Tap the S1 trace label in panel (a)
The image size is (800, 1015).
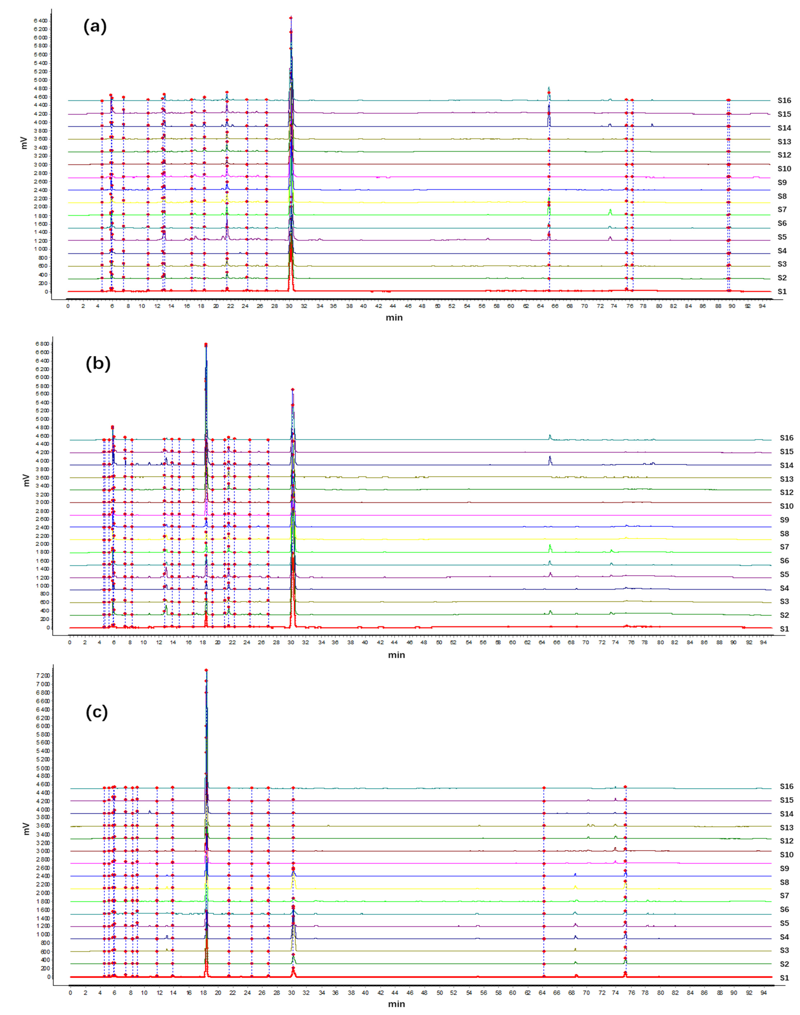(x=782, y=292)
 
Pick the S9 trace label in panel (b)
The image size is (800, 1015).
(x=784, y=520)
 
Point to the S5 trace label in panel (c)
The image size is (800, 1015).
(x=784, y=923)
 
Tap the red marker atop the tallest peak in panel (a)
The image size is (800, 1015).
(x=291, y=18)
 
